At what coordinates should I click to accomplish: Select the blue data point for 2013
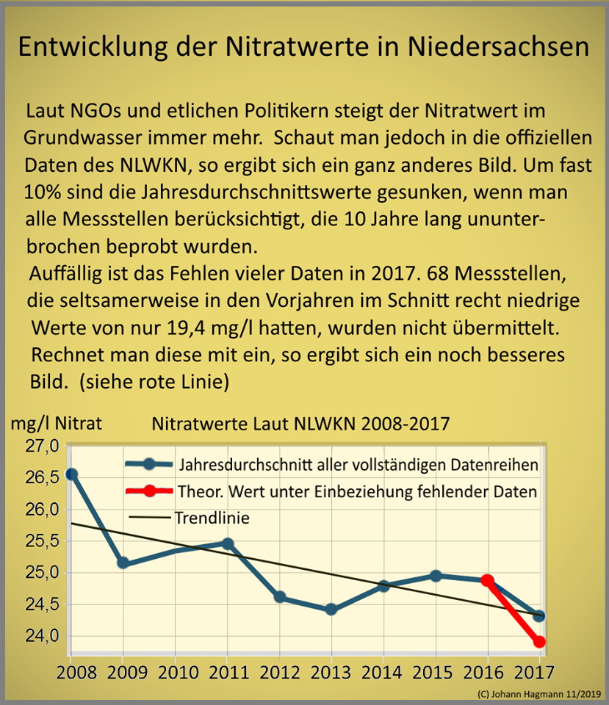click(331, 609)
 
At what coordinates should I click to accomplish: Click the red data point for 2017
click(539, 641)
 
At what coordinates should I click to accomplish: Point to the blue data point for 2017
click(539, 615)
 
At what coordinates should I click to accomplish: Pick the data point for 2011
click(228, 543)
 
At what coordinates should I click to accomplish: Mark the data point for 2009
click(123, 563)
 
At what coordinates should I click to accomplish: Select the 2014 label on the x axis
click(383, 672)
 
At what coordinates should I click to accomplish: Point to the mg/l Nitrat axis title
click(57, 423)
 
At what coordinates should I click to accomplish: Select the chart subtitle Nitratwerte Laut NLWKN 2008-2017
click(300, 424)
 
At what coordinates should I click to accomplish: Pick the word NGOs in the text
click(94, 112)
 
